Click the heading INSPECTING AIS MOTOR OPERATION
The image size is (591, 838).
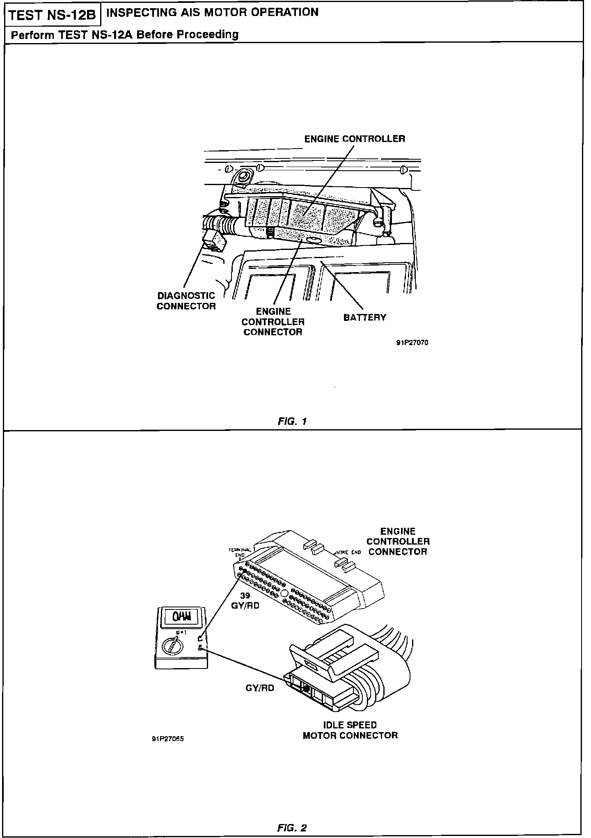212,12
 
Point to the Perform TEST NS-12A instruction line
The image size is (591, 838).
125,34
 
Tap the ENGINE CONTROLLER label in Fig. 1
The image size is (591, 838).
354,139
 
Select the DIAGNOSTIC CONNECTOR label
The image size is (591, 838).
186,301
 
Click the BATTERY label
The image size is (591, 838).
364,317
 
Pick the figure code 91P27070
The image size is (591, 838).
412,343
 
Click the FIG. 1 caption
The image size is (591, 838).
292,421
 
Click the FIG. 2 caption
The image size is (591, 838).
292,828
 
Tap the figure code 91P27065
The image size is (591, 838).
167,739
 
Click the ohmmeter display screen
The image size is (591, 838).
179,617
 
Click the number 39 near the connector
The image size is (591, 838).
245,596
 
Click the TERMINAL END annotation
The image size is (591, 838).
240,552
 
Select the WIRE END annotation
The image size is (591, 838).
348,552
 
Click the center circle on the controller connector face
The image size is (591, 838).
284,593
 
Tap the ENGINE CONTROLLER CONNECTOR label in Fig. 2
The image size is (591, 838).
398,541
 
